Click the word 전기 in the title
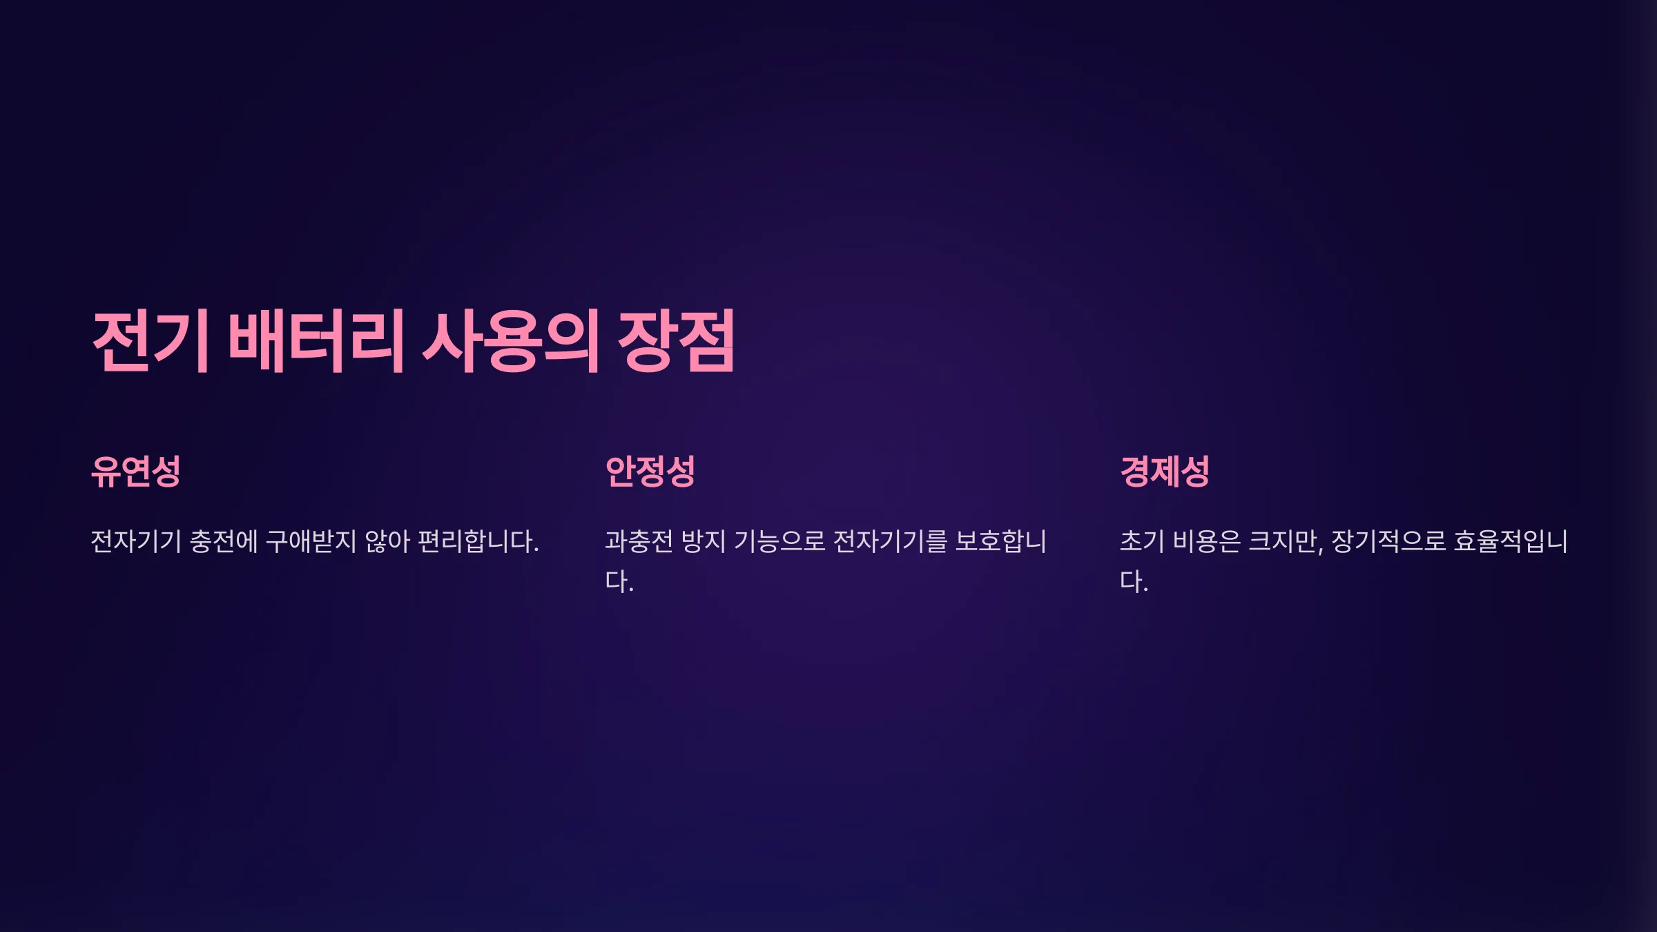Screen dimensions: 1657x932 151,341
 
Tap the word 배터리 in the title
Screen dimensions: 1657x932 316,341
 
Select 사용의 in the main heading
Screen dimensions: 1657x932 510,341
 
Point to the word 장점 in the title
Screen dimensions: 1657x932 676,341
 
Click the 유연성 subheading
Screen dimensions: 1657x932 136,472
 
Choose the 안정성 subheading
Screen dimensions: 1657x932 650,472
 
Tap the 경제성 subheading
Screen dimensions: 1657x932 1165,472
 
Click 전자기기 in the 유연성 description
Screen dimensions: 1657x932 136,541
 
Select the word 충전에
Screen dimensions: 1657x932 224,541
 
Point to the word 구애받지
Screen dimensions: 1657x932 311,541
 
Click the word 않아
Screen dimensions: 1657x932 387,541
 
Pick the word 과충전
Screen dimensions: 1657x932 639,541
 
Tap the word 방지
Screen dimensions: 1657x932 704,541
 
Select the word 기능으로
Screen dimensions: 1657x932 779,541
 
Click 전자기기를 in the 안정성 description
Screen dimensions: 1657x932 891,541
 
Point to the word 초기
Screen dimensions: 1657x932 1142,541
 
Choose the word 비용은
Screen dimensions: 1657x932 1207,541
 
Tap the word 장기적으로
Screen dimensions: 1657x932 1388,541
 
